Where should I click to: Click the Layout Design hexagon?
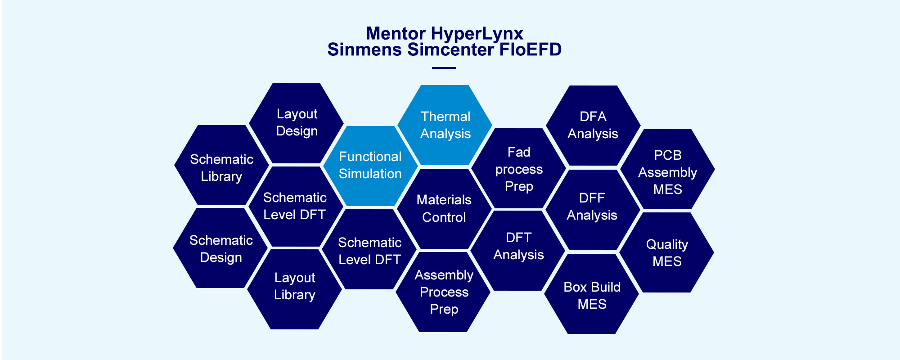click(296, 123)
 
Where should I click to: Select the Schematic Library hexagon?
click(221, 165)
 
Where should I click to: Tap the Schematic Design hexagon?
click(220, 248)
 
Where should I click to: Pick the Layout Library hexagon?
click(294, 289)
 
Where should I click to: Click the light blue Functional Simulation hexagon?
click(370, 166)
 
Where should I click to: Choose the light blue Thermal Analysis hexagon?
click(445, 125)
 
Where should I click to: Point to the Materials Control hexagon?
click(444, 208)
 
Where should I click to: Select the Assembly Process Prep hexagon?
click(443, 292)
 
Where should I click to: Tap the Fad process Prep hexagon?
click(518, 168)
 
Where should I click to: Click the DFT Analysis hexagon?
click(518, 250)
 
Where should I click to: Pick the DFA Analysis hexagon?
click(593, 126)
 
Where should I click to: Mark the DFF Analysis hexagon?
click(592, 209)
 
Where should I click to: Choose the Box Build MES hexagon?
click(592, 293)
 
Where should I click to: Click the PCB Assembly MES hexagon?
click(667, 169)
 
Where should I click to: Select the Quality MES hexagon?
click(666, 252)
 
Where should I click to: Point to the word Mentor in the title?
click(396, 34)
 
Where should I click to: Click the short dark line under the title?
click(444, 68)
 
